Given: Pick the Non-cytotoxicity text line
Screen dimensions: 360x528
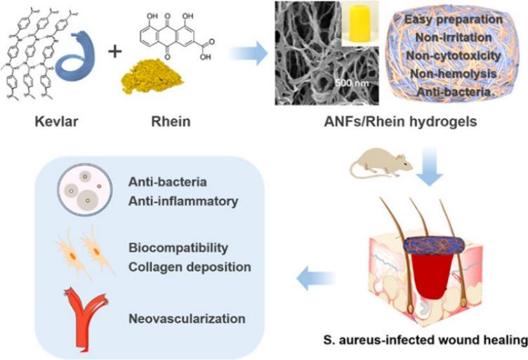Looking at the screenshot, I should (x=455, y=55).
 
